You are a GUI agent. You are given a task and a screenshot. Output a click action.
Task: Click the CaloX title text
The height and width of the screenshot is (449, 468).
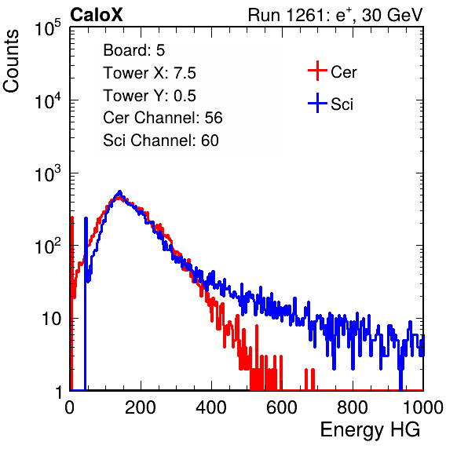click(x=97, y=15)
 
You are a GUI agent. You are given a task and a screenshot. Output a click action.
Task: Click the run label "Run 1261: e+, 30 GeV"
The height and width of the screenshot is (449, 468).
click(x=335, y=15)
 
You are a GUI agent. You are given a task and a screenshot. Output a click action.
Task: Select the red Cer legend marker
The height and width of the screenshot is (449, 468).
click(x=317, y=71)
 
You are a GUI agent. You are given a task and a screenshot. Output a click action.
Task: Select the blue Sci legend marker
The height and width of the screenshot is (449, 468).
click(x=317, y=103)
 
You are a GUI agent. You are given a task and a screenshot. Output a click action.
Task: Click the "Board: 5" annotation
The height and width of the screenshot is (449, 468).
click(x=134, y=50)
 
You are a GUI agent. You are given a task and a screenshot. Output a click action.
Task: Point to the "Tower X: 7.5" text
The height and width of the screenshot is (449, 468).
click(x=149, y=73)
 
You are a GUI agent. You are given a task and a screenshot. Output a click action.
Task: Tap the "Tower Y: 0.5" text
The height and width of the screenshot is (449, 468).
click(x=149, y=96)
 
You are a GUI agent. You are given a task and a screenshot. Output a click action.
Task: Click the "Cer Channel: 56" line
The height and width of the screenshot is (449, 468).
click(x=163, y=118)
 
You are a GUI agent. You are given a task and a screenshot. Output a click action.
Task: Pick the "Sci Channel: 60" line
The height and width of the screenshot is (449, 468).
click(x=161, y=141)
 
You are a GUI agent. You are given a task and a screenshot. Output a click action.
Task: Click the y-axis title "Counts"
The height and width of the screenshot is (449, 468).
click(x=11, y=61)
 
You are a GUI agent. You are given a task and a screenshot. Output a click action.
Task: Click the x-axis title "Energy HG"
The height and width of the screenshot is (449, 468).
click(x=370, y=429)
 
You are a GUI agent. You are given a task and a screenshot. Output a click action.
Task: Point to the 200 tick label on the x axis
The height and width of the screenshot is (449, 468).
click(x=141, y=407)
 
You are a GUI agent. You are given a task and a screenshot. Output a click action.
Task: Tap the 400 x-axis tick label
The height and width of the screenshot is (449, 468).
click(x=211, y=407)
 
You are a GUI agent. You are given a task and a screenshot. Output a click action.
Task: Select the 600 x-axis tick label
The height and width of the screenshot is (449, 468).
click(x=282, y=407)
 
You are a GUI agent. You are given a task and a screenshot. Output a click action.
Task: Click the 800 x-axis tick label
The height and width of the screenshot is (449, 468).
click(x=353, y=407)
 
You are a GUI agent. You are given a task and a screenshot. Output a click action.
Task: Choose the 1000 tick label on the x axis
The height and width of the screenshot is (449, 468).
click(x=423, y=407)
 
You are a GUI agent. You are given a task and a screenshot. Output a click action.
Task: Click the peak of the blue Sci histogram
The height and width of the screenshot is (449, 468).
click(x=119, y=192)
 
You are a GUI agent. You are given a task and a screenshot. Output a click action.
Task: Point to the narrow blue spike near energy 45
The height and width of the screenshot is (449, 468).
click(x=86, y=304)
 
